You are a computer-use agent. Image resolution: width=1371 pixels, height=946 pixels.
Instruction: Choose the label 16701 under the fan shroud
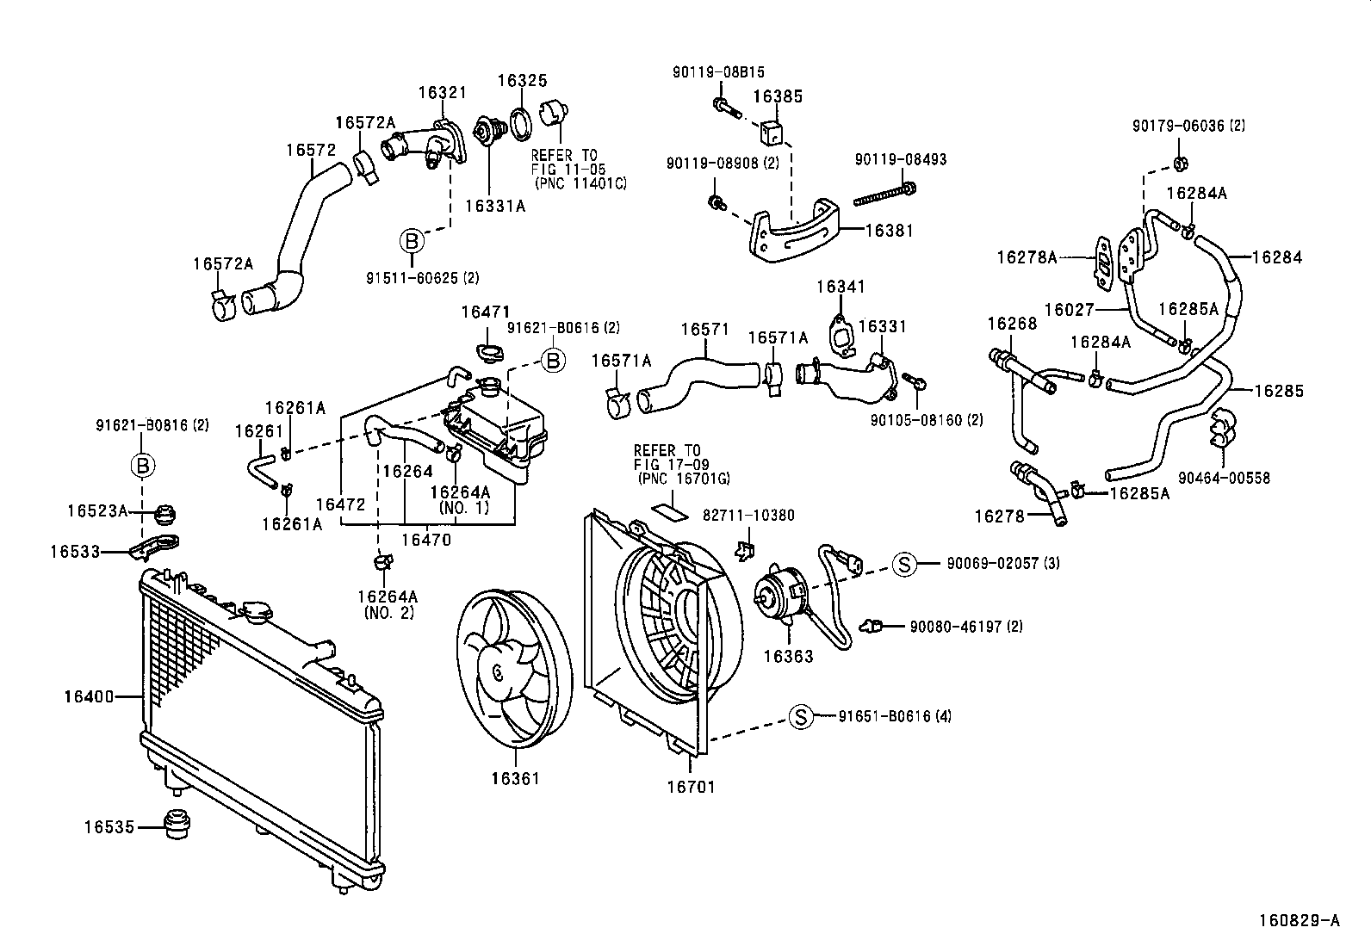pos(692,787)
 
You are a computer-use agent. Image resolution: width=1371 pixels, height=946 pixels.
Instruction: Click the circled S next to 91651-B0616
pos(801,716)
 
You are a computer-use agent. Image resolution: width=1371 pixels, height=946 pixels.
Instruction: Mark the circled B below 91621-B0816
pos(143,466)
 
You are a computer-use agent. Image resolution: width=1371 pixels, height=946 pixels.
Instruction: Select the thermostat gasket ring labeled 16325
pos(521,124)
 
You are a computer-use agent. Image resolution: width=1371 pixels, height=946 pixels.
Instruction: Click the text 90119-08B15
pos(718,73)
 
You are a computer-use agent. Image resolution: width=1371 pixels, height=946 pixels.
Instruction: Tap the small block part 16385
pos(772,132)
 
